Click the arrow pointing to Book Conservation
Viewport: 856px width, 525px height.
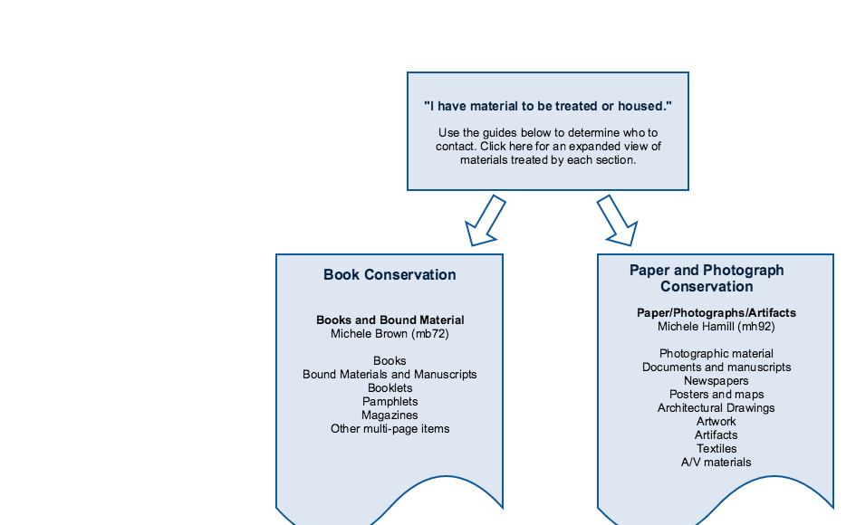(485, 221)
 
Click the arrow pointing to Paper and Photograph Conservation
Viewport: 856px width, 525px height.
(618, 221)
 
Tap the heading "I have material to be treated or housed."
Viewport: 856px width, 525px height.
(547, 106)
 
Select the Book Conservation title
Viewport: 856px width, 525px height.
(390, 274)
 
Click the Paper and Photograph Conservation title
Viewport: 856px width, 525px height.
(707, 278)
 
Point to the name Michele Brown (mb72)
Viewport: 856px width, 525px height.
(390, 333)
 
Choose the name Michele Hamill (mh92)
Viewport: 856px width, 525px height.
(717, 327)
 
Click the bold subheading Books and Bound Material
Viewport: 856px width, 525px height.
(390, 320)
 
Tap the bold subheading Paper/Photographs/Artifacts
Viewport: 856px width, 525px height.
(717, 312)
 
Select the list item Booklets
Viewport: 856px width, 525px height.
(390, 388)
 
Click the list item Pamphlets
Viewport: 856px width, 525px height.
(390, 402)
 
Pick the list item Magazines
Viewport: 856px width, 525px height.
(390, 415)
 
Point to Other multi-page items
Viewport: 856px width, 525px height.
(390, 429)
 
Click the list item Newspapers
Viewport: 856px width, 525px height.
(717, 381)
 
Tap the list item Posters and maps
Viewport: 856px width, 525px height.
(717, 395)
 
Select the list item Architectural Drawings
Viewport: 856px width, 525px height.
(717, 408)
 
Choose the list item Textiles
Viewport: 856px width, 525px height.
(717, 449)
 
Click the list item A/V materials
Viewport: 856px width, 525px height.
(717, 463)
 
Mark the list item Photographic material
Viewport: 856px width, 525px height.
(717, 354)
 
